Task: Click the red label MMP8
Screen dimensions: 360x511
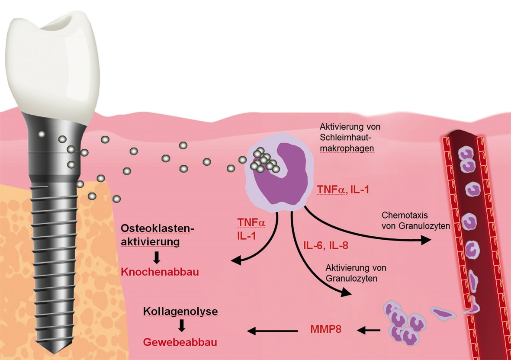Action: tap(325, 329)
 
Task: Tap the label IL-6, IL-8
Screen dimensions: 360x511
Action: tap(324, 246)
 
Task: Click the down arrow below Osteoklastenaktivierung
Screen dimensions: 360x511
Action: tap(157, 257)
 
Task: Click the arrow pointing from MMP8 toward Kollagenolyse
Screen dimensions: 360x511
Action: tap(273, 331)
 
